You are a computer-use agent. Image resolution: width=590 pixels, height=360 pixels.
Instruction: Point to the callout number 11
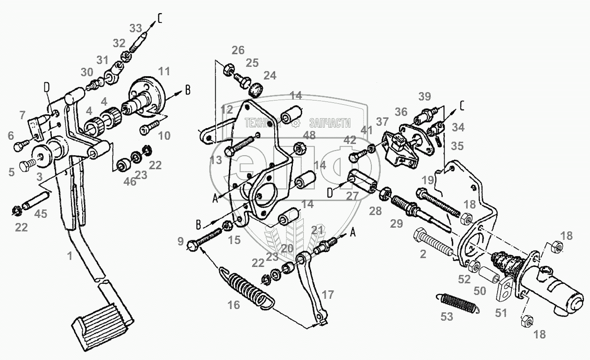163,72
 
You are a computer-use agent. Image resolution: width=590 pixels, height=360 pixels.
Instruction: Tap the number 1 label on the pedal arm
70,256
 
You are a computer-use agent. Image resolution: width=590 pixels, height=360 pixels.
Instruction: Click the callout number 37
382,122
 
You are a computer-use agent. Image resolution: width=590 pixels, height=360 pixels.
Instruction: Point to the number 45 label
41,215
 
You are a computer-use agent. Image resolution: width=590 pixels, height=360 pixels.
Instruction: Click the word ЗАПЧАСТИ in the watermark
329,123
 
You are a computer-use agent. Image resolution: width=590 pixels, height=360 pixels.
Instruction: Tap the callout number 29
396,224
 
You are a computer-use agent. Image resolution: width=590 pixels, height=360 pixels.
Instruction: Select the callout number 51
501,313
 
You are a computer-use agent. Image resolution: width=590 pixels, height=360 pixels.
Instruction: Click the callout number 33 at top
135,28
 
